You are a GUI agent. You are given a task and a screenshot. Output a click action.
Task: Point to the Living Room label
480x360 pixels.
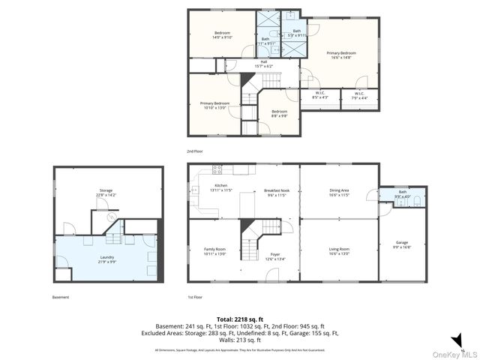coord(339,250)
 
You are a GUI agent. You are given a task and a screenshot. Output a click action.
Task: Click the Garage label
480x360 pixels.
coord(402,244)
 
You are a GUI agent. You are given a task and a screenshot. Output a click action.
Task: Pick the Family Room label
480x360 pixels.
coord(214,250)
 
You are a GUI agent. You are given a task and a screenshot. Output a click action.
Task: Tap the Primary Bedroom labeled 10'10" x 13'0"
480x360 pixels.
coord(214,105)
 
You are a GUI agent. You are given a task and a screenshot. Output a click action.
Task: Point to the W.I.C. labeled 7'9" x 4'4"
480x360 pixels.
coord(359,95)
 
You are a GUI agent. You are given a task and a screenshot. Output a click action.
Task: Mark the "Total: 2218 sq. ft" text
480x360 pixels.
coord(239,319)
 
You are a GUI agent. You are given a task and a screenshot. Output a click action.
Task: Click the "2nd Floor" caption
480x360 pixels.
coord(195,151)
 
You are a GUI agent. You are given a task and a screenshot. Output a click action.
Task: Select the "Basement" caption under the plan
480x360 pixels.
coord(61,297)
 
